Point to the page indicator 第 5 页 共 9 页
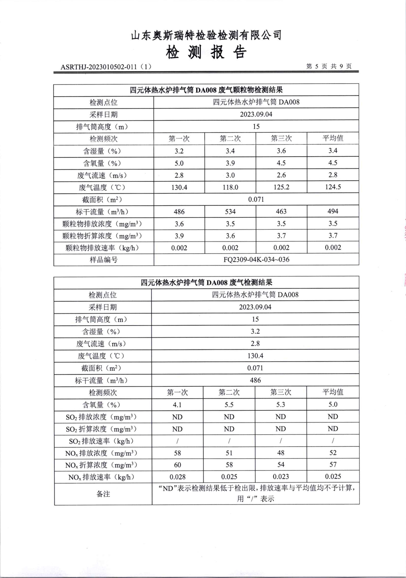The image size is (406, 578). [329, 66]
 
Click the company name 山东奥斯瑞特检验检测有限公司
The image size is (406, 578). [206, 35]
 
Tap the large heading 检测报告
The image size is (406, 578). [206, 52]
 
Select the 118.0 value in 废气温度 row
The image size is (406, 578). [230, 187]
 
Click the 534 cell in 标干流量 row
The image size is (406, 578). [230, 211]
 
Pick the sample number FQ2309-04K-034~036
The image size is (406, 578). [256, 259]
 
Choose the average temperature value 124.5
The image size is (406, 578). [333, 187]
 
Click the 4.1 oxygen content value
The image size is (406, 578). [177, 405]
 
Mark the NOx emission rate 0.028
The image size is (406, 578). [177, 477]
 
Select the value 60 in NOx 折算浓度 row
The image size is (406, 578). [177, 465]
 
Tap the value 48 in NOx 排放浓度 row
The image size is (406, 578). [281, 453]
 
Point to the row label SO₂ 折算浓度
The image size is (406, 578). [101, 429]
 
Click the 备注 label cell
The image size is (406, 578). [103, 494]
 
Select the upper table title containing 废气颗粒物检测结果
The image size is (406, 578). [206, 90]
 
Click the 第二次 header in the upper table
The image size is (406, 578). [230, 138]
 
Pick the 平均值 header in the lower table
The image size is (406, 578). [333, 392]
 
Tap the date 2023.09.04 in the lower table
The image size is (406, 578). [255, 307]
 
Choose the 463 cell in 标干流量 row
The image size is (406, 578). [281, 211]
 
